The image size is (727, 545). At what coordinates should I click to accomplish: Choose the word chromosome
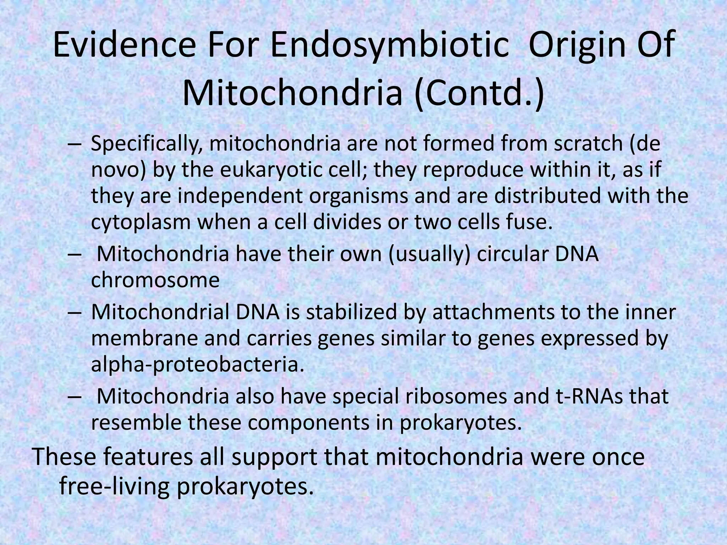[155, 280]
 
